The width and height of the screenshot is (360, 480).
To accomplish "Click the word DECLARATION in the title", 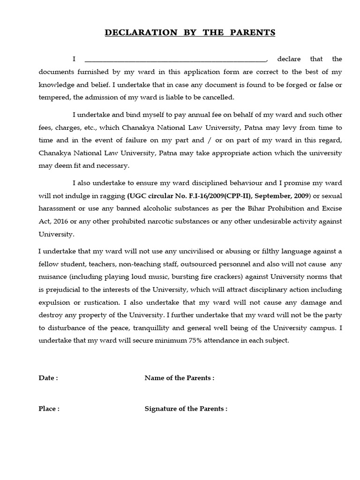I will click(x=137, y=32).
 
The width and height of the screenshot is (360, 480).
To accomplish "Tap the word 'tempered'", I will click(x=53, y=97).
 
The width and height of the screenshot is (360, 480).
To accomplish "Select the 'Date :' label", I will click(x=48, y=378).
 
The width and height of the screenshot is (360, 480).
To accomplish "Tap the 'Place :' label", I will click(x=49, y=408).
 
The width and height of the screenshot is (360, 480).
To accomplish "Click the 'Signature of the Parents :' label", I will click(x=186, y=408).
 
